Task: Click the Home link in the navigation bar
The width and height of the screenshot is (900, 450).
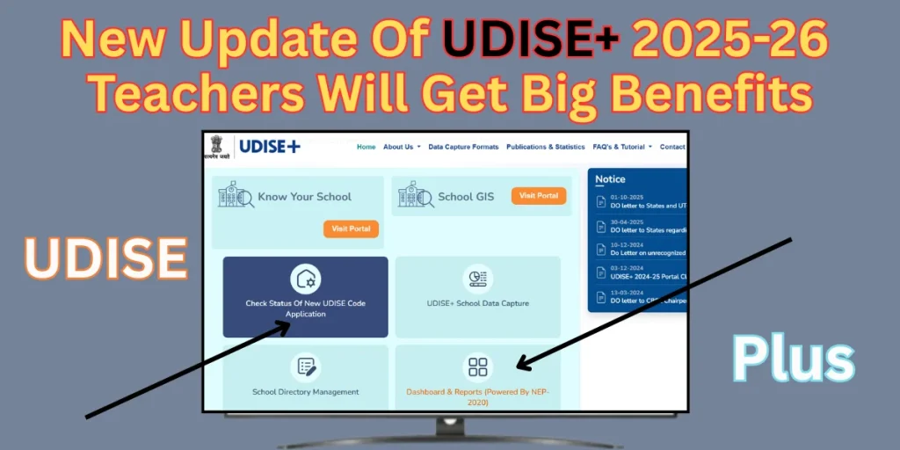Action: click(366, 147)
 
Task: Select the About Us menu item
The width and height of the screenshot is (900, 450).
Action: click(401, 147)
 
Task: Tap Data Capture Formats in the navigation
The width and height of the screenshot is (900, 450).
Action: click(463, 147)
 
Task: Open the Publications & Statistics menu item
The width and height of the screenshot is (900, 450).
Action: click(545, 147)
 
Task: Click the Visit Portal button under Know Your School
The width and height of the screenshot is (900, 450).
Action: click(351, 229)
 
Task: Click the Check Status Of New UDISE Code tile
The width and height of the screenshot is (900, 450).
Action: click(305, 297)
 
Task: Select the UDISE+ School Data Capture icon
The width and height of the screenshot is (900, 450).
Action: click(477, 279)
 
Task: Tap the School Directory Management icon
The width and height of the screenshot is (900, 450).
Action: click(306, 367)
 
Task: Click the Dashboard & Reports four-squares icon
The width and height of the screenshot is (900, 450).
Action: click(477, 367)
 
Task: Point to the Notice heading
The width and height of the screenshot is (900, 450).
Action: click(610, 179)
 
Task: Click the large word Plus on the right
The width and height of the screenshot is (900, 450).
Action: click(795, 361)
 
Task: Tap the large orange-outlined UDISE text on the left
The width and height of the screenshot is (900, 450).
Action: click(105, 257)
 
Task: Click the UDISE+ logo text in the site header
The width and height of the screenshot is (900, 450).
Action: click(271, 146)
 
